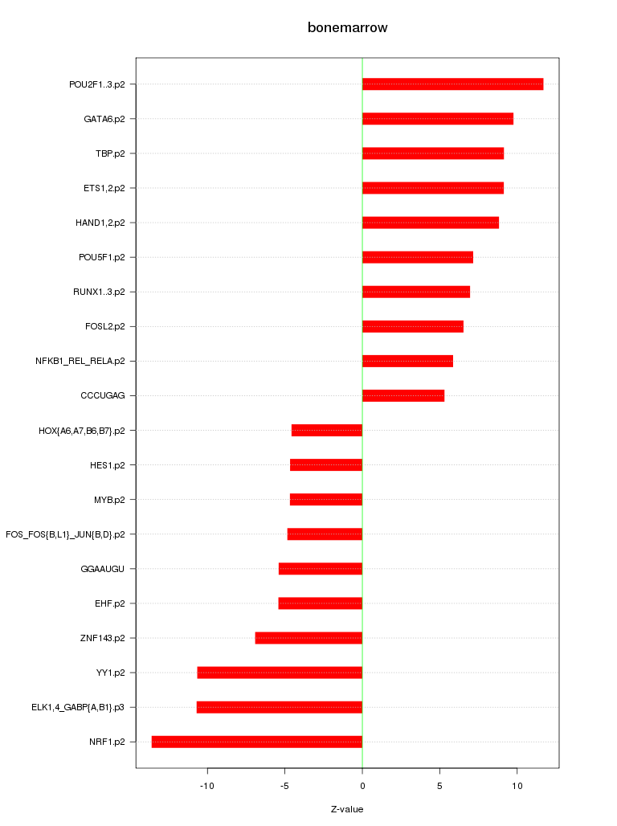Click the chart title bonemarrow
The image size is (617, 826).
click(347, 28)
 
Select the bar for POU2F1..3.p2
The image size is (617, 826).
click(452, 84)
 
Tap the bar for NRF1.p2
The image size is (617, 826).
click(257, 742)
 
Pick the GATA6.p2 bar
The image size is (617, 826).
click(437, 119)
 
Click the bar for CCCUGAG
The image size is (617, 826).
click(402, 395)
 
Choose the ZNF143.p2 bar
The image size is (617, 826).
click(308, 638)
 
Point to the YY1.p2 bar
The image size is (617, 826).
click(280, 673)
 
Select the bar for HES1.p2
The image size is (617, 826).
click(326, 464)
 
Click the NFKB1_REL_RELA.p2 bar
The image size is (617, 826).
click(407, 361)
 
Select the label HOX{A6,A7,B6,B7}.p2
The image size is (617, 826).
click(81, 431)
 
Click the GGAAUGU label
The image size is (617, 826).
click(103, 569)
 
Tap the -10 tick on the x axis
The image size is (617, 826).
click(207, 785)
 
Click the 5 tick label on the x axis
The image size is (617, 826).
click(439, 785)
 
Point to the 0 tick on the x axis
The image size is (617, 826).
click(362, 785)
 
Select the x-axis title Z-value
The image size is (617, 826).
click(347, 809)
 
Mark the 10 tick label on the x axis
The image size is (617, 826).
click(517, 785)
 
